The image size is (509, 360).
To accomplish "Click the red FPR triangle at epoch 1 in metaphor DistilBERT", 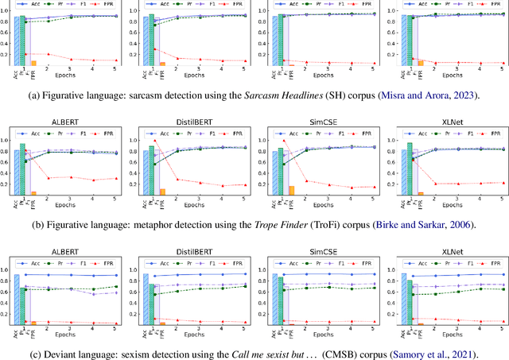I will point(155,141).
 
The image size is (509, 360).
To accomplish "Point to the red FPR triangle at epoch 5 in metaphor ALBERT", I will point(116,178).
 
